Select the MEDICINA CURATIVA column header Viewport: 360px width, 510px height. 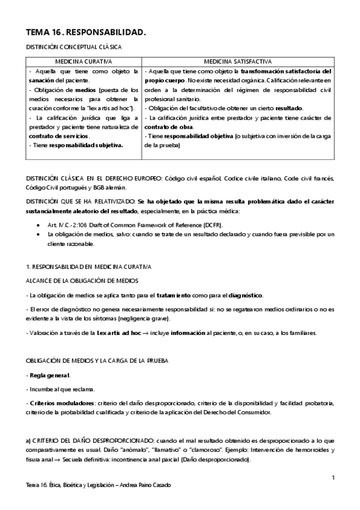click(84, 61)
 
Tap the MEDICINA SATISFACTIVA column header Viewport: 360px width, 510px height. click(238, 61)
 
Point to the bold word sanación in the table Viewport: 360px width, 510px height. click(43, 80)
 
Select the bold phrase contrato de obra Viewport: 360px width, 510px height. click(169, 127)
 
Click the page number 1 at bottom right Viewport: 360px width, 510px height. click(332, 477)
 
